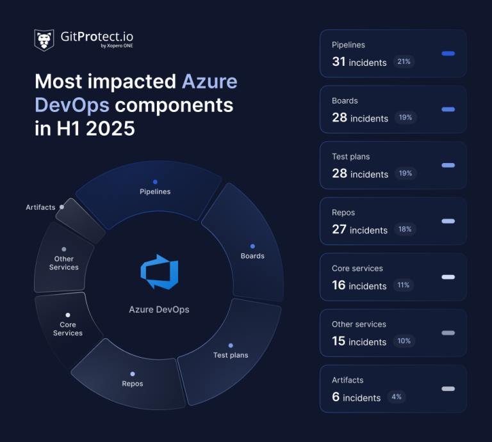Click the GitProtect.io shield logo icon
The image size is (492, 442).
44,40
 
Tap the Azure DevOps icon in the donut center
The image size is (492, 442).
159,271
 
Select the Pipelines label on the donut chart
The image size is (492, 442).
155,191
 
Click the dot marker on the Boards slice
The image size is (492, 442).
252,246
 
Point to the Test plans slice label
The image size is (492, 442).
231,355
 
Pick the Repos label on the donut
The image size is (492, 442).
133,384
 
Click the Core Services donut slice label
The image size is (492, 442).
68,329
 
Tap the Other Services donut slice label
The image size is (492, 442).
64,263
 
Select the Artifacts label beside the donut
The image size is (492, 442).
40,207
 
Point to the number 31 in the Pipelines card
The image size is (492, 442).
339,62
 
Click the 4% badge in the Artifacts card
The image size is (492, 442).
397,397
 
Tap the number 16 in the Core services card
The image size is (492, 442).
339,285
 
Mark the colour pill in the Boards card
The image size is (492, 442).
448,109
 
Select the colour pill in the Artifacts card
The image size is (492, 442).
448,389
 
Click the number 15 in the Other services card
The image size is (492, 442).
339,341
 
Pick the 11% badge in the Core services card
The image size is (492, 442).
404,285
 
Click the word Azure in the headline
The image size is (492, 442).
209,81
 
